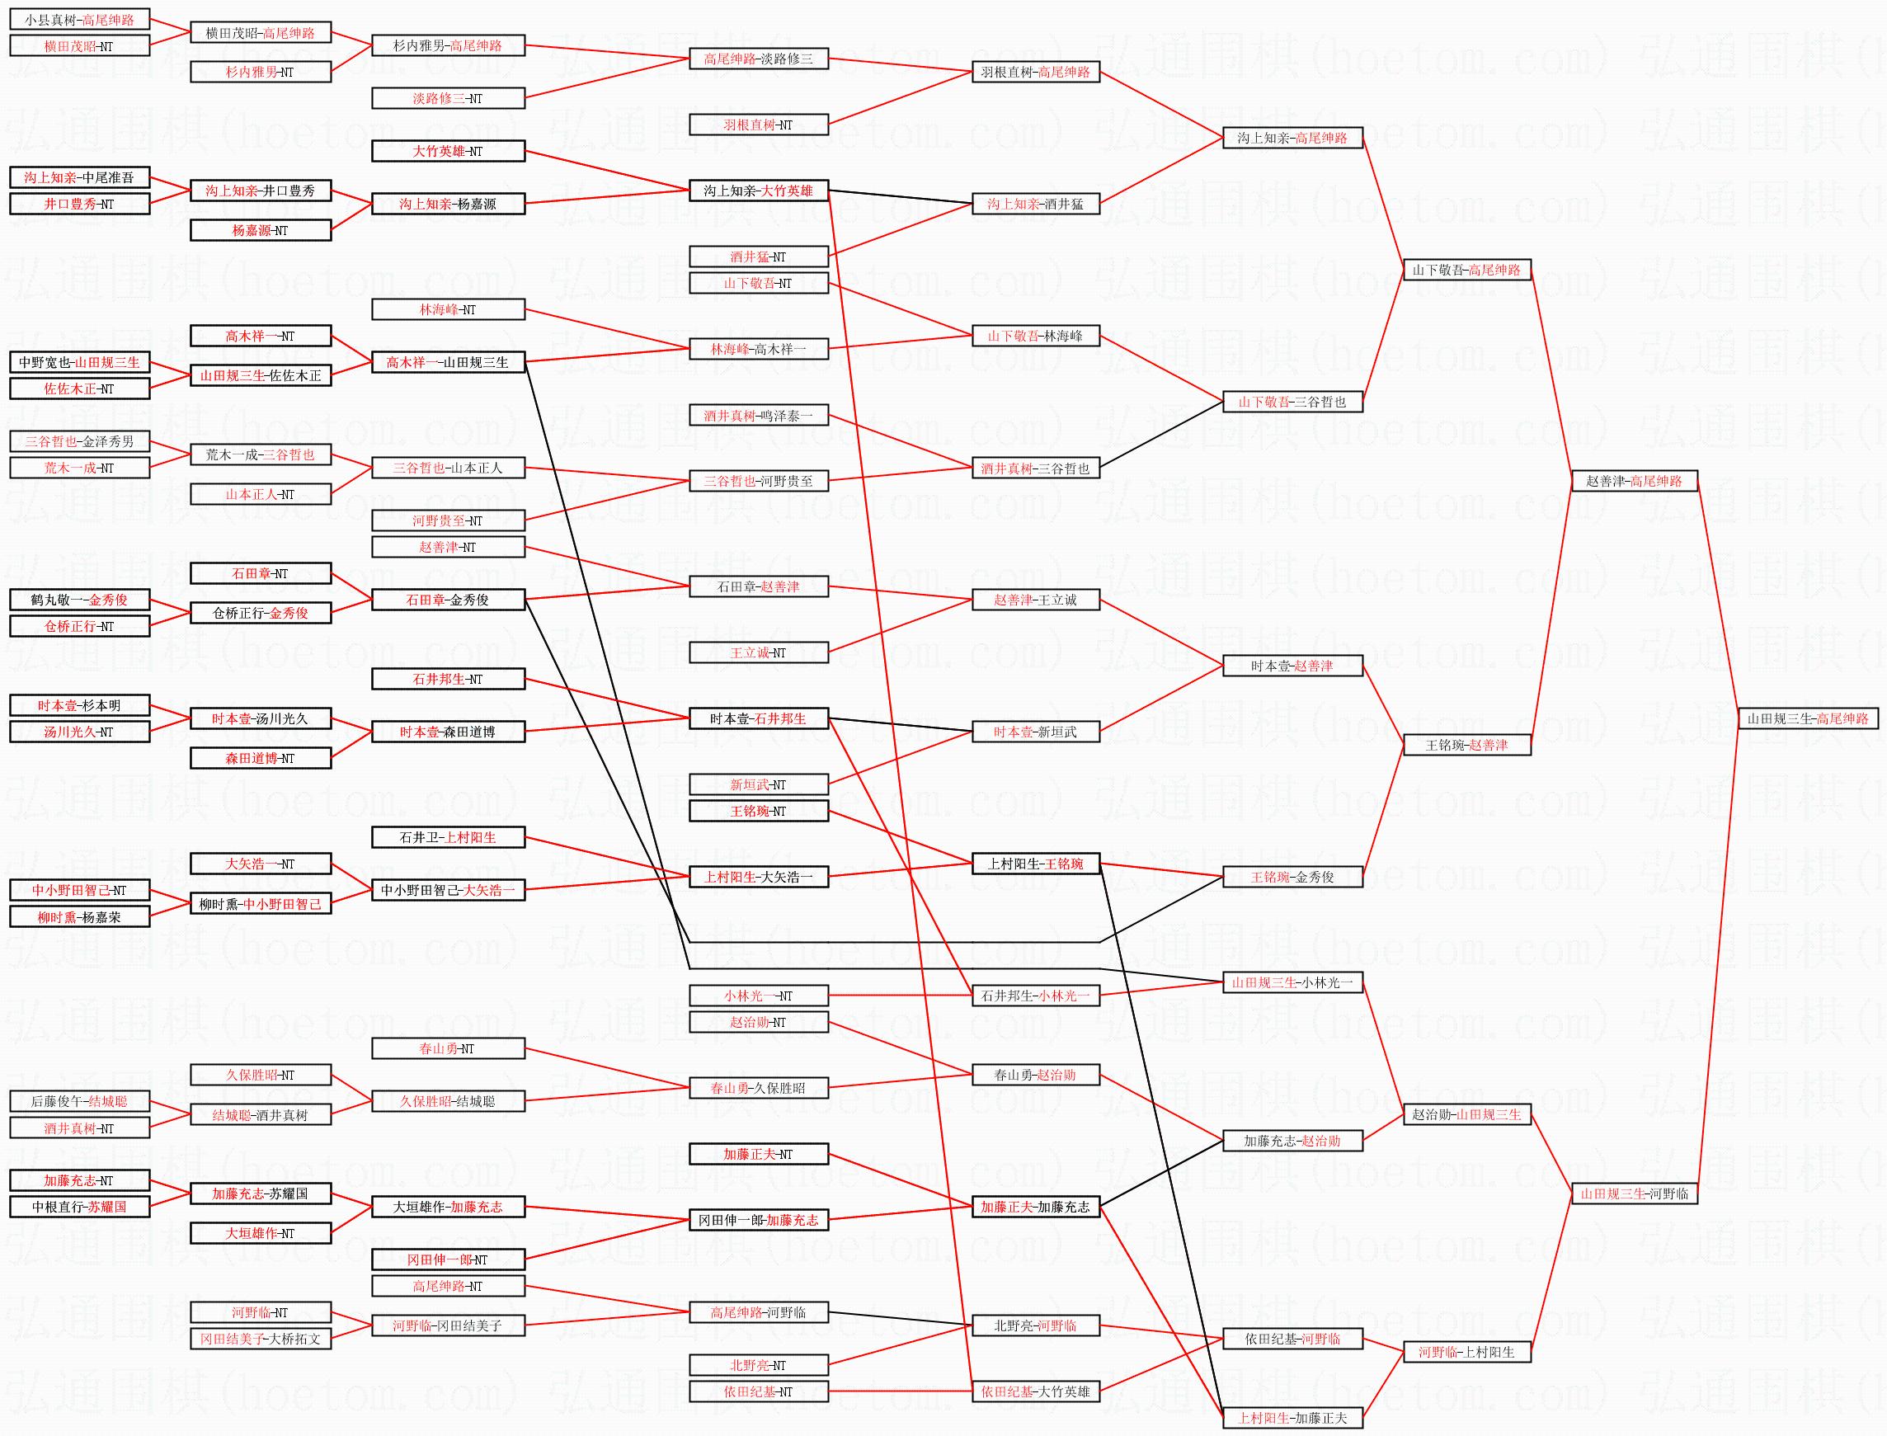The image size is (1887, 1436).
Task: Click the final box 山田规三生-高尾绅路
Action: point(1808,719)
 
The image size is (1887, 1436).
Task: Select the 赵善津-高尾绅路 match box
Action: point(1633,481)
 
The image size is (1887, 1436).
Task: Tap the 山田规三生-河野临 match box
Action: point(1633,1194)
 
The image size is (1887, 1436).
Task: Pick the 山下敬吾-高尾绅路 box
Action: point(1466,270)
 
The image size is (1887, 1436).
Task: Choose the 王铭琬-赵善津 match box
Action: point(1466,746)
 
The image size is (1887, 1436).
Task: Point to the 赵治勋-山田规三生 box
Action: point(1466,1114)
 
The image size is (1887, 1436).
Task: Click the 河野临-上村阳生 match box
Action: point(1466,1352)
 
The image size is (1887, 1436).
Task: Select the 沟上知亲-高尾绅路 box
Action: point(1292,138)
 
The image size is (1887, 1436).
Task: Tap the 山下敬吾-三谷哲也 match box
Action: point(1292,402)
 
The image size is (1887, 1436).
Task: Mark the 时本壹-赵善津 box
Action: point(1292,666)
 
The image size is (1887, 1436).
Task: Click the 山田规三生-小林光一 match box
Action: point(1292,983)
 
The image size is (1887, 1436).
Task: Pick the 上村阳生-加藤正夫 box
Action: point(1292,1418)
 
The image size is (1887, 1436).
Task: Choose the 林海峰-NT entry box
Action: point(448,309)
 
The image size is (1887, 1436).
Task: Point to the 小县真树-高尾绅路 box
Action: point(79,20)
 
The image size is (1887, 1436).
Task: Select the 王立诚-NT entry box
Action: point(758,653)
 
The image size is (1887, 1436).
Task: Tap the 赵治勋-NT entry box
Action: point(758,1022)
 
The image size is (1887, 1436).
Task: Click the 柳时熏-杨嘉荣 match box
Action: point(79,917)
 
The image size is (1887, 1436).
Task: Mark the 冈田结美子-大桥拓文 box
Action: point(260,1339)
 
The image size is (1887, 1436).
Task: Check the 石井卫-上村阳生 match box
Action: point(448,838)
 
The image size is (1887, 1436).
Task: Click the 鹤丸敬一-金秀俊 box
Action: point(79,600)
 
